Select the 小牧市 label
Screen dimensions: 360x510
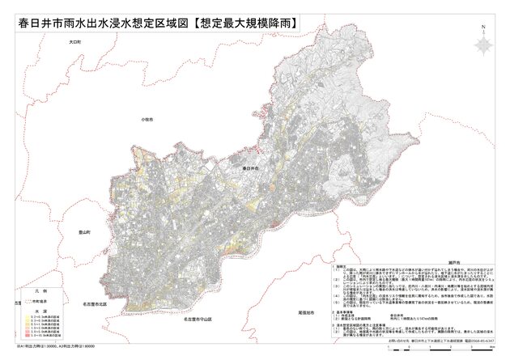coord(147,119)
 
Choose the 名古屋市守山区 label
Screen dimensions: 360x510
coord(195,320)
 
